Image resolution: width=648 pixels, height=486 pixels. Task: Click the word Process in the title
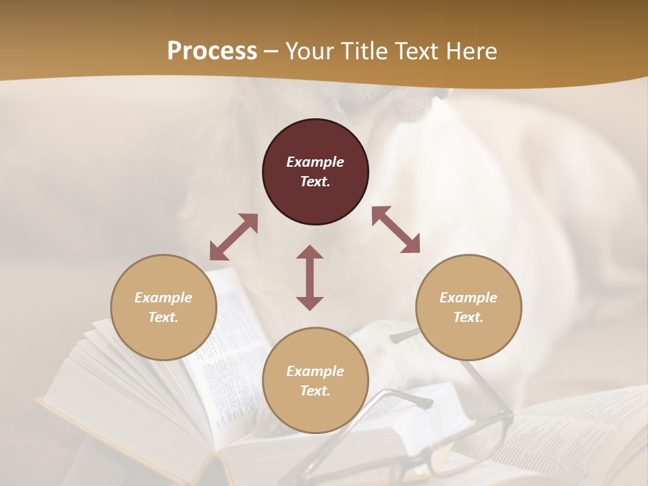[x=212, y=51]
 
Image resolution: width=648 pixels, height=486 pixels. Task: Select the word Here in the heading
[x=473, y=51]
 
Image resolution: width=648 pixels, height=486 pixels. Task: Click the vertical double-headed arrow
[x=310, y=277]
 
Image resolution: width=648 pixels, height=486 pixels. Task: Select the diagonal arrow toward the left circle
[x=234, y=237]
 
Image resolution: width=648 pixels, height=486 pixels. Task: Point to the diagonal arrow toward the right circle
[x=396, y=230]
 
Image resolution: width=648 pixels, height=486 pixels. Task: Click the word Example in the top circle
[x=315, y=162]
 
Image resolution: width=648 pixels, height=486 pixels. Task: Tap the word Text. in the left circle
[x=163, y=317]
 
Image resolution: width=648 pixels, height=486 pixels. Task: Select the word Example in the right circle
[x=468, y=298]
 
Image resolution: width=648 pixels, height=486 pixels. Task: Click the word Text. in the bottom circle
[x=315, y=391]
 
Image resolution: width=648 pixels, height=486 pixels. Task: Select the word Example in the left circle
[x=163, y=298]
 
